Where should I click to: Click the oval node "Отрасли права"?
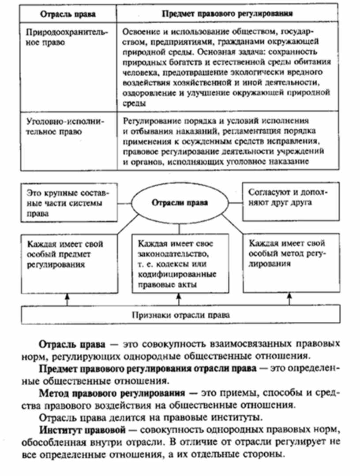(180, 203)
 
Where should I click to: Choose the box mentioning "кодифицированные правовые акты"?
(180, 263)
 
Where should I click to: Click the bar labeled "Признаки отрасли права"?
(180, 316)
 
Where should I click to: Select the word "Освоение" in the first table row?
(139, 32)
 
